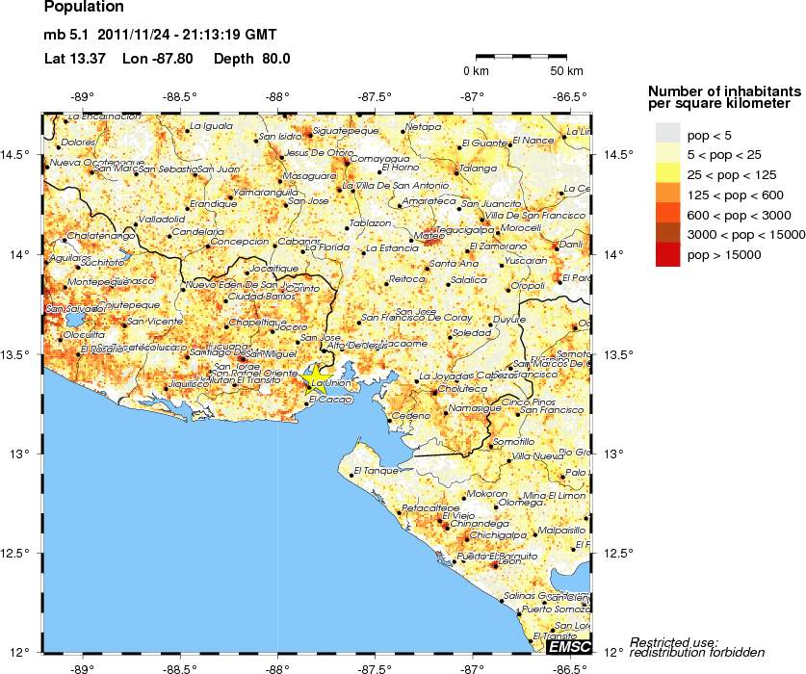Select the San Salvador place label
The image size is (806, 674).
(71, 309)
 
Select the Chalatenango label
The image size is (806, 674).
(96, 238)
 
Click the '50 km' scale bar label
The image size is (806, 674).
(566, 71)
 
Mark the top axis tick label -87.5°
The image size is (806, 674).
(376, 96)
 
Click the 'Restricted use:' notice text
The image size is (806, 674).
(673, 641)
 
